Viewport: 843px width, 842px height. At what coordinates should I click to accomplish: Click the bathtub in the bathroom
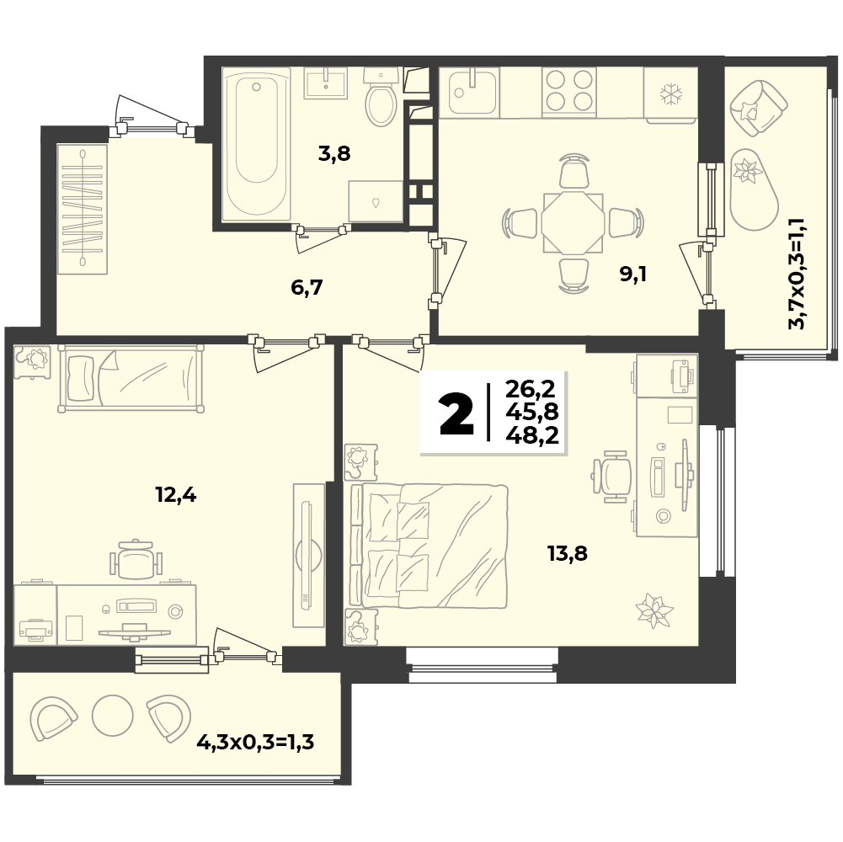[257, 145]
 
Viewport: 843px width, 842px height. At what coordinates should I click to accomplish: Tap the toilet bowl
[381, 98]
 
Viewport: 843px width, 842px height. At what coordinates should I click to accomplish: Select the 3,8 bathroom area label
[334, 154]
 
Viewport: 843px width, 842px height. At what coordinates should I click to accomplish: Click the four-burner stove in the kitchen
[569, 91]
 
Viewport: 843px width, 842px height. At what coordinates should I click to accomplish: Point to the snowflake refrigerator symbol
[670, 94]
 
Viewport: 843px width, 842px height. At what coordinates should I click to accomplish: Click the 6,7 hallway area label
[307, 288]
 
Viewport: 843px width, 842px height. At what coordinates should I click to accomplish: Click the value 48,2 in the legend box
[532, 434]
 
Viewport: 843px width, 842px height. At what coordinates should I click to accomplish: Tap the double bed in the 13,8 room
[429, 546]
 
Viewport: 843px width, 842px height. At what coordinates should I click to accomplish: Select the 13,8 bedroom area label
[568, 552]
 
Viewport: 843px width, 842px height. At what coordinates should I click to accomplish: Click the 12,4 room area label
[176, 494]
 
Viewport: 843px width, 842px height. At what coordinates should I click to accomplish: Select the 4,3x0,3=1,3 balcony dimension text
[255, 743]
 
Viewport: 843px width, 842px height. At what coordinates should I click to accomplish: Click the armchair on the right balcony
[758, 108]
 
